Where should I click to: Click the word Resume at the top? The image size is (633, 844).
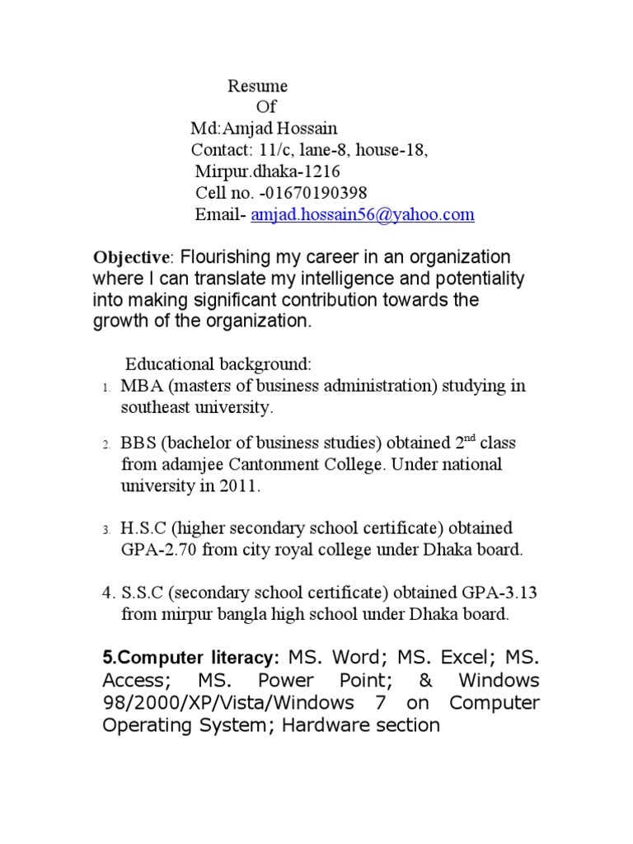(x=257, y=86)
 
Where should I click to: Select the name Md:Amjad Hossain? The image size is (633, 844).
(x=264, y=129)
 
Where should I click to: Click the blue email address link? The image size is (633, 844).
(x=363, y=215)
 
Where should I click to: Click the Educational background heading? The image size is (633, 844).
(x=218, y=364)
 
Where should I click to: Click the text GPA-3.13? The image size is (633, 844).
(x=494, y=593)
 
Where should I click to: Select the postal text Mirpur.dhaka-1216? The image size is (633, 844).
(x=267, y=172)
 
